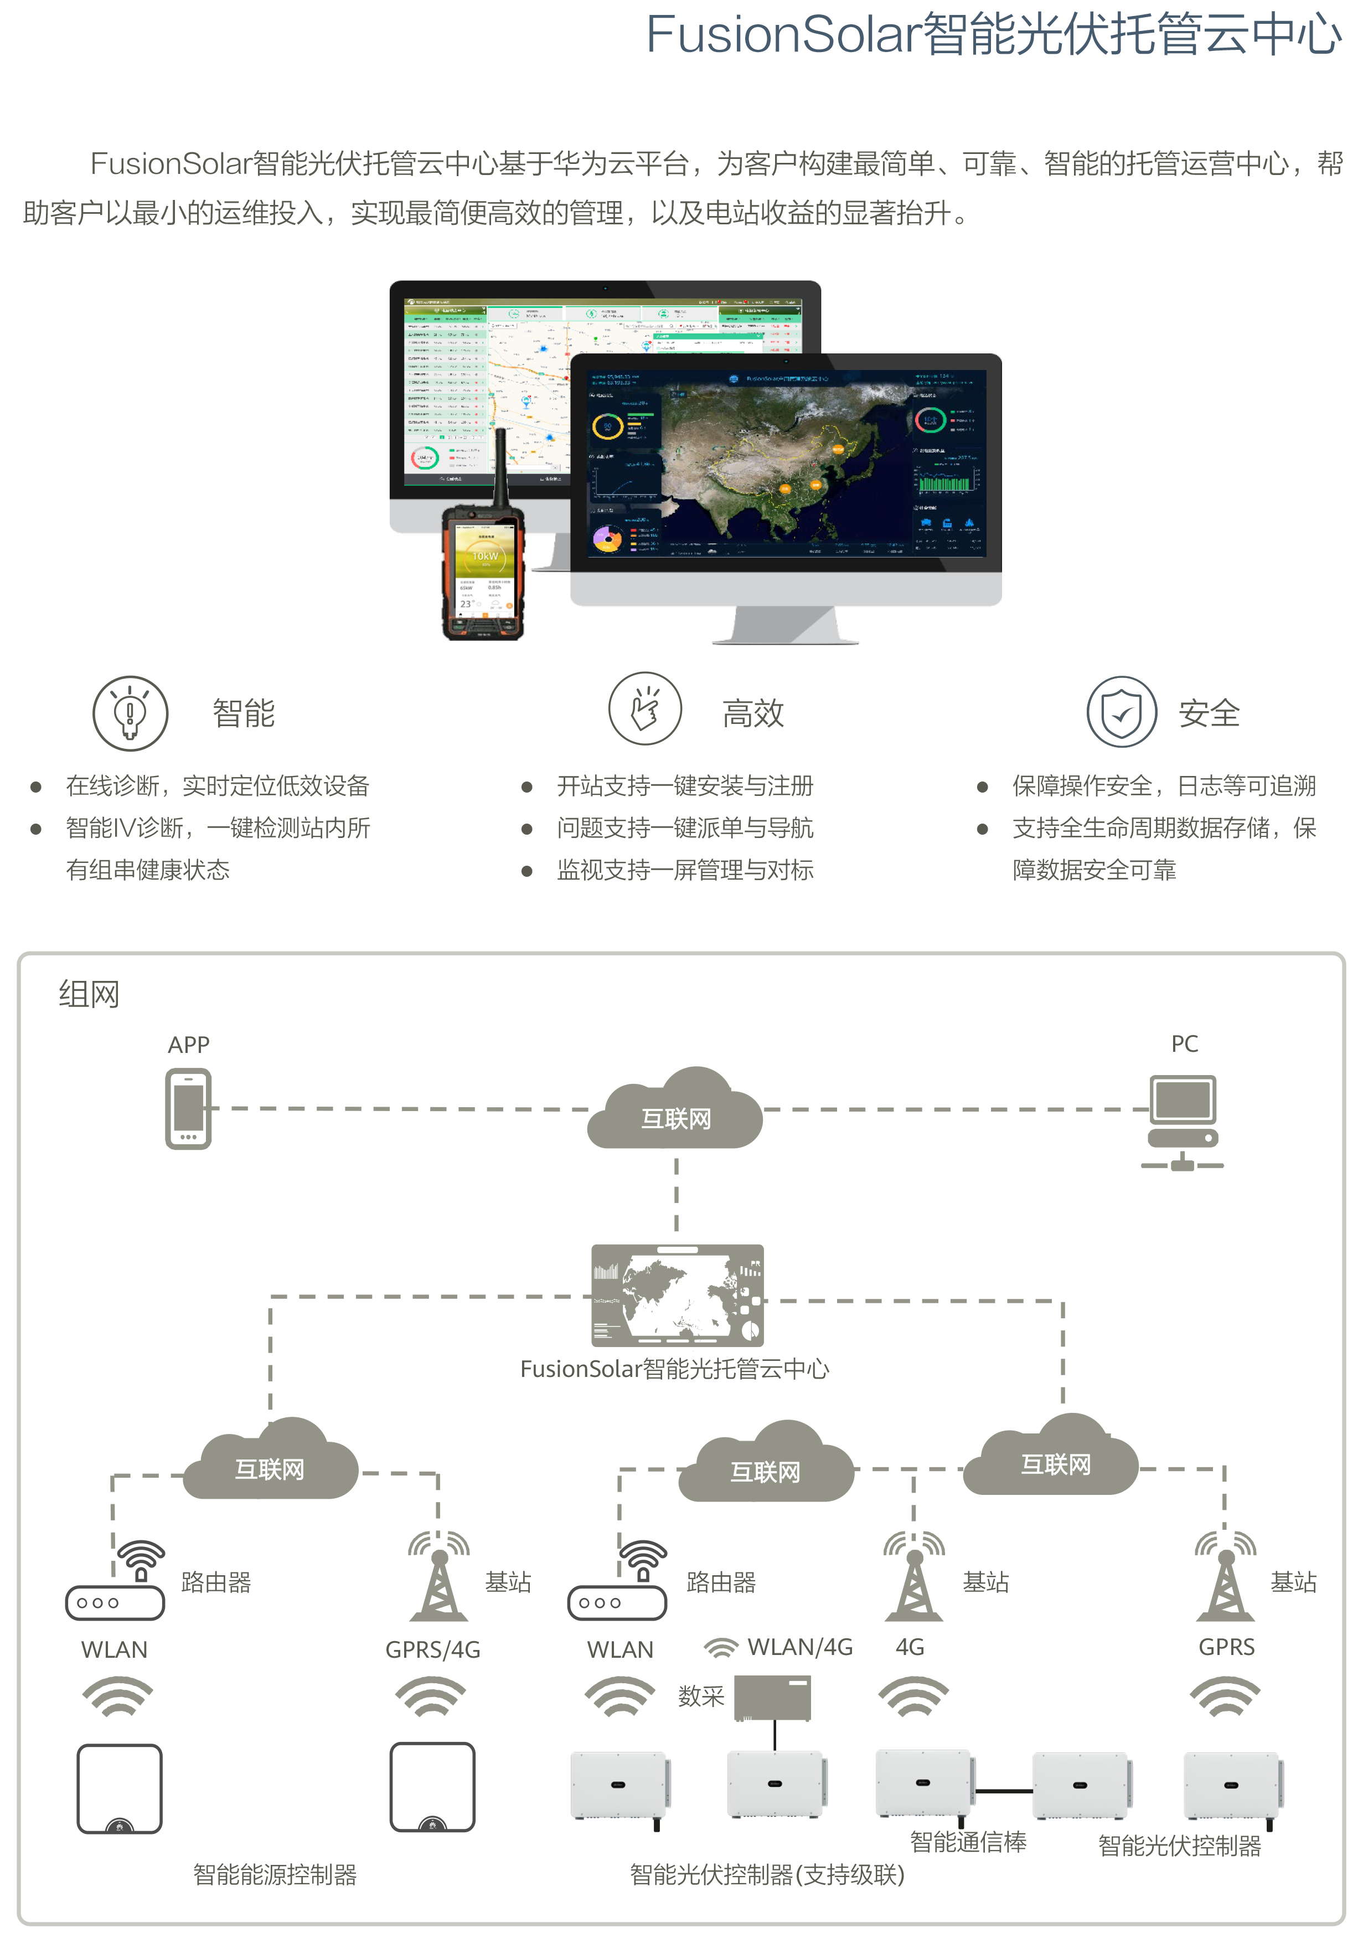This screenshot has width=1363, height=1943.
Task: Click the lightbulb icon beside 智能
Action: coord(130,712)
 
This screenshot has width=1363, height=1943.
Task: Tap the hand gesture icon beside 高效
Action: coord(645,708)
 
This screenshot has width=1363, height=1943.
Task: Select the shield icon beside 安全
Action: coord(1121,712)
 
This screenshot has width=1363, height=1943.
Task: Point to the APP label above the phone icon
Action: coord(188,1044)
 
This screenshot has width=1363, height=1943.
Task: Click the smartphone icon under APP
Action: coord(188,1109)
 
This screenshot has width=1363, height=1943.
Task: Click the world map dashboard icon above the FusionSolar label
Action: coord(677,1295)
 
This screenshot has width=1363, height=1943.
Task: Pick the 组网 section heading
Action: coord(89,994)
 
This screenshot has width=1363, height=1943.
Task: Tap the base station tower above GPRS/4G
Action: coord(439,1578)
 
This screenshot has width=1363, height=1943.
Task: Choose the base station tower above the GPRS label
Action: coord(1226,1578)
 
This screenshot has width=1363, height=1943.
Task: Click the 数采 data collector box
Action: coord(772,1697)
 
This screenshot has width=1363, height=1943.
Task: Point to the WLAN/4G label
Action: coord(799,1647)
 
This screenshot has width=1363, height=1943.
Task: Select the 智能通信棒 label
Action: coord(968,1842)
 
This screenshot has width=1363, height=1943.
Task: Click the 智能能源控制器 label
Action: coord(275,1874)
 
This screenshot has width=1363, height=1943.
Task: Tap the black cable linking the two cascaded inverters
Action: coord(1003,1791)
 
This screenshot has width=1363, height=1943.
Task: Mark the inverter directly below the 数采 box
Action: coord(774,1784)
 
